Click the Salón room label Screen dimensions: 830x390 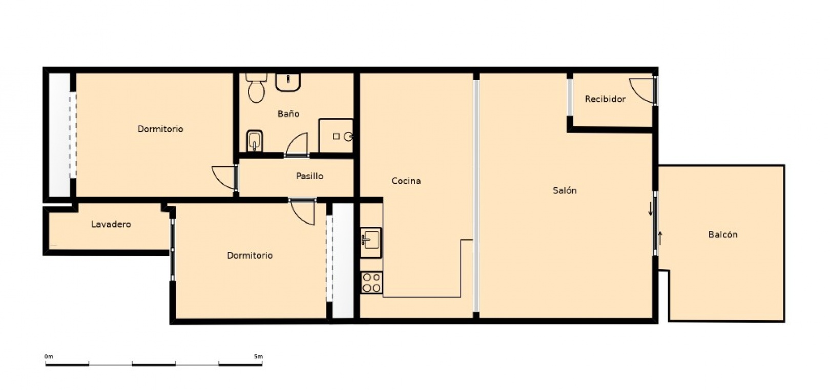point(564,190)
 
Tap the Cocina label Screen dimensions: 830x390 point(406,181)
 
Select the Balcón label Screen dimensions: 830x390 point(722,234)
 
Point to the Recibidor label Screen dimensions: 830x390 point(605,99)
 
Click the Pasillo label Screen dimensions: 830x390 point(309,176)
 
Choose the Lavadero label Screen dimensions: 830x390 point(111,224)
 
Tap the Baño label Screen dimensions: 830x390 point(288,113)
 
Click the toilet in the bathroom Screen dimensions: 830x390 point(256,88)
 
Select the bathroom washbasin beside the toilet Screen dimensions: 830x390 point(288,82)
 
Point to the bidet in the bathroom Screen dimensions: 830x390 point(255,141)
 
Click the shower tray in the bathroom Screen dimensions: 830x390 point(336,135)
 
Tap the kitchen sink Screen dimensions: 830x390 point(371,243)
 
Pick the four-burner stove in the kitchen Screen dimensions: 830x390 point(371,283)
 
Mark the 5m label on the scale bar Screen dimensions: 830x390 point(258,357)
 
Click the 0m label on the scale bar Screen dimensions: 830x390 point(49,357)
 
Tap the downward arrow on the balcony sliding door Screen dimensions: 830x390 point(650,208)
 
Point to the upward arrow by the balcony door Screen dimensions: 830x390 point(659,238)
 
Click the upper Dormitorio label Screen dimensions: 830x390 point(160,129)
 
